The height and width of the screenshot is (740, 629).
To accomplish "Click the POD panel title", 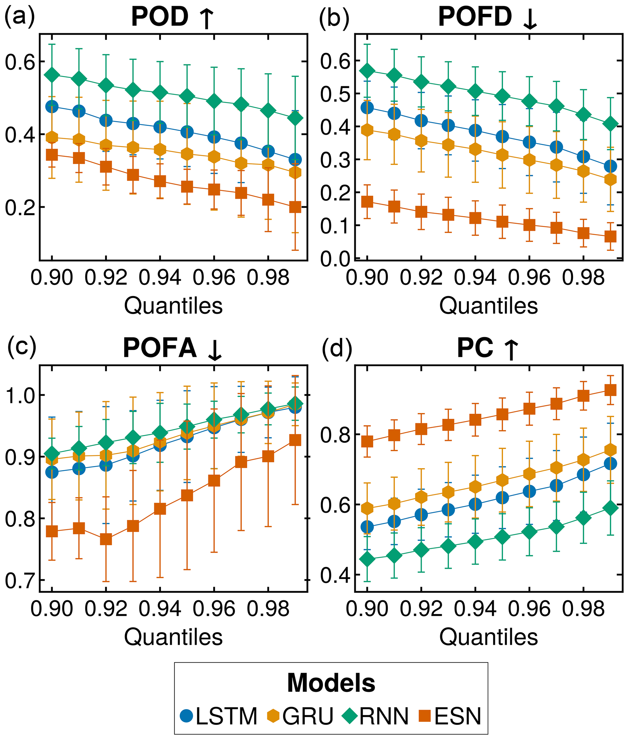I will (x=173, y=17).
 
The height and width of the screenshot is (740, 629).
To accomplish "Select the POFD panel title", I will (x=487, y=17).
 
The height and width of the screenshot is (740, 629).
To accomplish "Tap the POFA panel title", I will (x=173, y=348).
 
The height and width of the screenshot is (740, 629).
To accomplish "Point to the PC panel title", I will (x=487, y=348).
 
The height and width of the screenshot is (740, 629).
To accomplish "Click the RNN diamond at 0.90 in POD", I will (x=52, y=75).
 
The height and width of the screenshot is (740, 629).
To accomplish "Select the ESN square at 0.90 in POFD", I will (x=367, y=202).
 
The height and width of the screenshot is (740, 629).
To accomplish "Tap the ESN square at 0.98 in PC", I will (x=583, y=395).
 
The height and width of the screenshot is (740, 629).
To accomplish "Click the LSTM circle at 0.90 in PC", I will (x=367, y=527).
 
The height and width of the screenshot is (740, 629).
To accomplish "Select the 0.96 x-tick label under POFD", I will (x=529, y=277).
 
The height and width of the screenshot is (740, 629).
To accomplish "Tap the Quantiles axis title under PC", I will (x=488, y=637).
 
